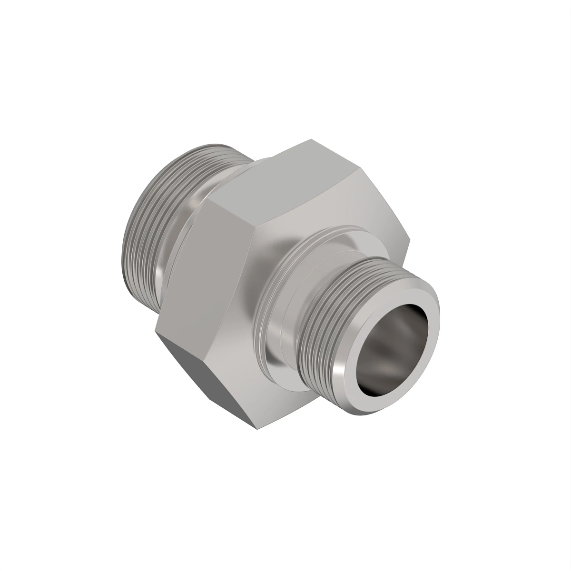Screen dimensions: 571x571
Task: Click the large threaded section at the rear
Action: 143,238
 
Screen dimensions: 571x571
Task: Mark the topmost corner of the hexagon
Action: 312,139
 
